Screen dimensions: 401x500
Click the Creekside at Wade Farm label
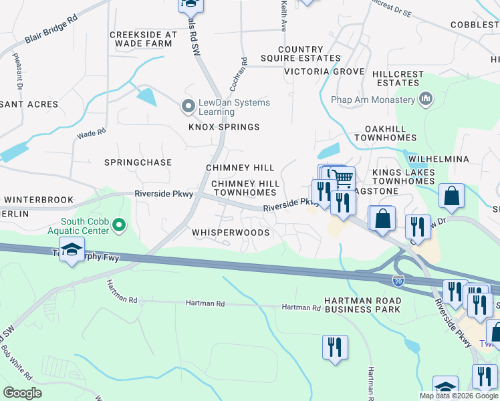click(143, 39)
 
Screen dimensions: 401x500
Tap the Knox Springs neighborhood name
click(223, 127)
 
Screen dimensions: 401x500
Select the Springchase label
click(138, 162)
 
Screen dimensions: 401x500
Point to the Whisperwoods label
click(231, 233)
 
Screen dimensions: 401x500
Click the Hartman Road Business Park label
click(362, 305)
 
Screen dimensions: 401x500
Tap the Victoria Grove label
click(324, 72)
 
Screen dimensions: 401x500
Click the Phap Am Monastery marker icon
click(425, 100)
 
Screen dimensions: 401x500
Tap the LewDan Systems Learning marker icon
click(189, 106)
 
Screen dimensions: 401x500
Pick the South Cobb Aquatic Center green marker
click(119, 226)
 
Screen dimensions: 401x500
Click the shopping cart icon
click(342, 178)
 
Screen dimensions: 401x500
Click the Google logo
click(23, 393)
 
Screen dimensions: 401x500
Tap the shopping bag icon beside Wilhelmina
click(452, 196)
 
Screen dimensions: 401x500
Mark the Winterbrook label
click(32, 199)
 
